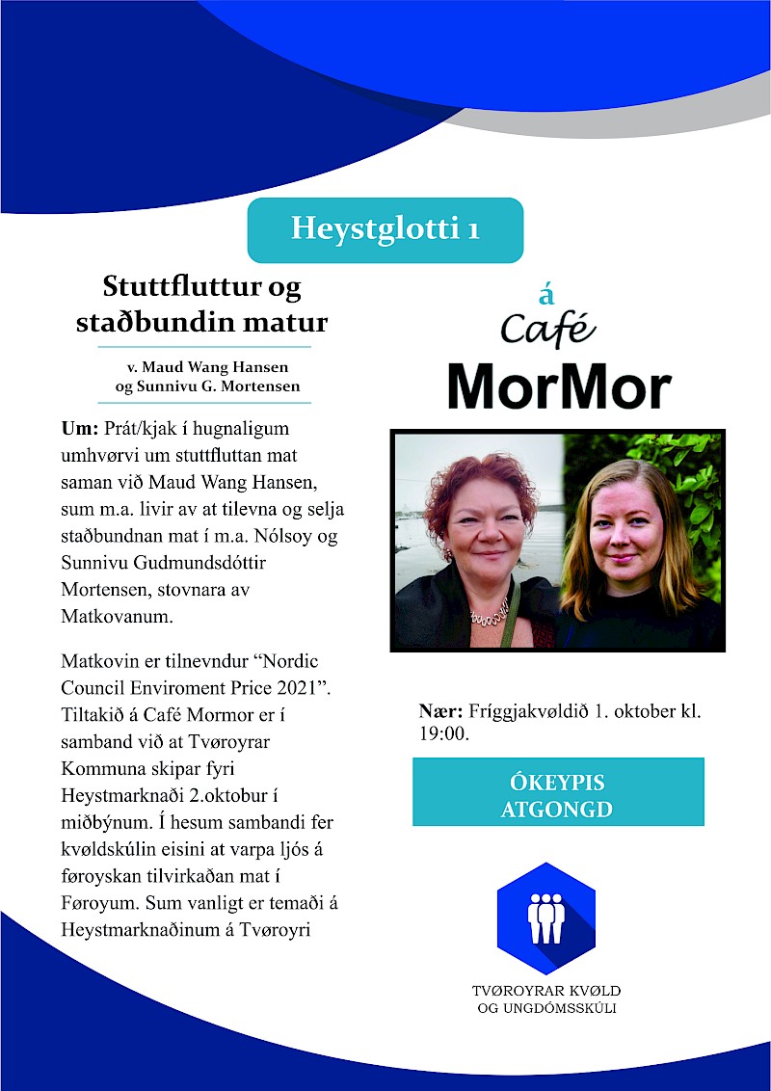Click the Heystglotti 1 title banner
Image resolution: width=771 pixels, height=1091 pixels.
[385, 230]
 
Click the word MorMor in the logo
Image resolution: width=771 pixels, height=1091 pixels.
[558, 386]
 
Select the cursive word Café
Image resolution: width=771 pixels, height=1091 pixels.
[547, 330]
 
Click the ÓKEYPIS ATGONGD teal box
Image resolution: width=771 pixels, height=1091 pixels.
[558, 793]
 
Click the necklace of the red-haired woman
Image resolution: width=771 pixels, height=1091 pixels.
[489, 614]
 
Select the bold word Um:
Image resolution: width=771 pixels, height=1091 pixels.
[80, 427]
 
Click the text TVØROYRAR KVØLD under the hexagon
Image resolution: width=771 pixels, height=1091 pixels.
[546, 991]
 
